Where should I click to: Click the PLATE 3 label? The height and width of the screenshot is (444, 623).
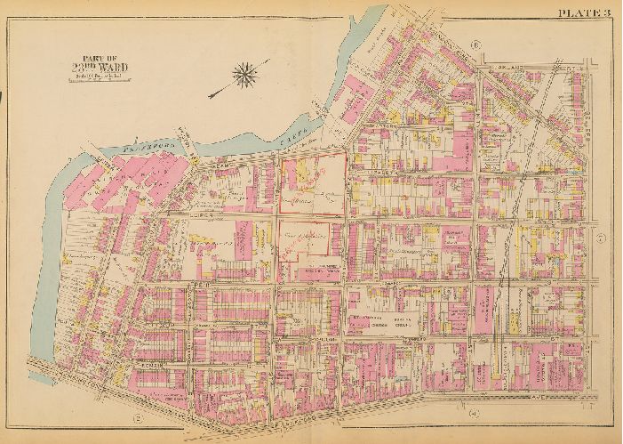pos(583,12)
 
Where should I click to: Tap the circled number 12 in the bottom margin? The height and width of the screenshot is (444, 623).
pos(137,417)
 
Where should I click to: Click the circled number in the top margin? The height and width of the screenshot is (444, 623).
pos(476,44)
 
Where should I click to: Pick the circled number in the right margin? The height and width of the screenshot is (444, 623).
pos(600,238)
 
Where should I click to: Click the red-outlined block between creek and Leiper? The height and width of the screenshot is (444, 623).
pos(313,184)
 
